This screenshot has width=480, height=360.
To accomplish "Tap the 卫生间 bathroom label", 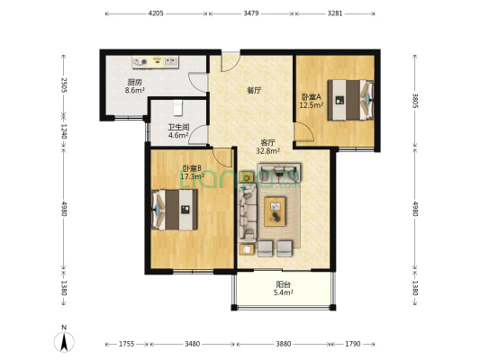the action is point(178,127).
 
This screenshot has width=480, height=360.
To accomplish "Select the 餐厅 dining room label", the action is point(254,91).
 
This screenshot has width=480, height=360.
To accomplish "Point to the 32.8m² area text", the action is point(268,150).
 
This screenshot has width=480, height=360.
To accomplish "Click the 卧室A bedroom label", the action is point(312,97).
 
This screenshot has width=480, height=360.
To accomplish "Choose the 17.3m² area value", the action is point(192,176).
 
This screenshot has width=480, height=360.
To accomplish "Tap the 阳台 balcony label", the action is point(283,284).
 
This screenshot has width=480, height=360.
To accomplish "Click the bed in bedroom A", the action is point(350,100).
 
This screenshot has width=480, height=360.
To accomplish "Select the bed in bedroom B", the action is point(174,210).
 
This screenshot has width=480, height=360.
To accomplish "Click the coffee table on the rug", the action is point(275,211).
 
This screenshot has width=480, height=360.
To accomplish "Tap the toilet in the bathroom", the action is point(177,108).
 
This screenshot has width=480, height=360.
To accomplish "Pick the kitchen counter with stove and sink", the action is point(155,62).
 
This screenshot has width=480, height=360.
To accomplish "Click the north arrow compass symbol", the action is point(64,341).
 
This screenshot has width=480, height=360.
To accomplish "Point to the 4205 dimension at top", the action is point(156,13).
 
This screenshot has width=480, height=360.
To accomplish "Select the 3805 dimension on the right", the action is point(415,101).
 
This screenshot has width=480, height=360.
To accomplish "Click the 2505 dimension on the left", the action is point(64,85).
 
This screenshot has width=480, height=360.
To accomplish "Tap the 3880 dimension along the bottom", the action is point(283,344).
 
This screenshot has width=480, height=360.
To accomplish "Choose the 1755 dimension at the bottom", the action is point(127,344).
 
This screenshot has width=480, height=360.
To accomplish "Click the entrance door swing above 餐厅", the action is point(231,63).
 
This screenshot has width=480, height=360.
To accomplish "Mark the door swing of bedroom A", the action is point(304,131).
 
